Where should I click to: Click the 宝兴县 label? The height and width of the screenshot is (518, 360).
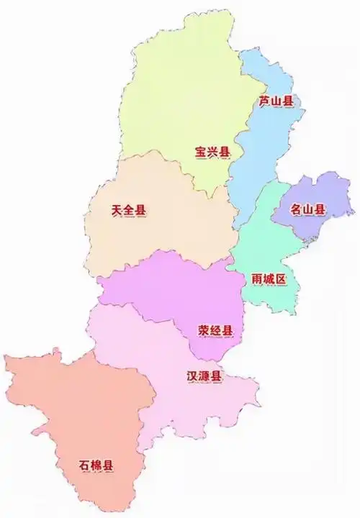[212, 152]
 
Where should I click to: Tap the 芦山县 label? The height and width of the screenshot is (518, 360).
[276, 101]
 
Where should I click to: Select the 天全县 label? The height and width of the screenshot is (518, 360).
[128, 211]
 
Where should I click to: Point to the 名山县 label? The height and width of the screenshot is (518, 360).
[307, 210]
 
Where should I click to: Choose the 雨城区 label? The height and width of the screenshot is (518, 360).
[269, 278]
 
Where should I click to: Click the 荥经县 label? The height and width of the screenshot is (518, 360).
[215, 330]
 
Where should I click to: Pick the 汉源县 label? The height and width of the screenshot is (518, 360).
[204, 376]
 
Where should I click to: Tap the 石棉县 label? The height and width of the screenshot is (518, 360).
[96, 465]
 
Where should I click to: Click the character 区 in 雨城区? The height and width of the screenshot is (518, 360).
[282, 278]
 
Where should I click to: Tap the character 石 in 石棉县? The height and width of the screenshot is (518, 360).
[84, 465]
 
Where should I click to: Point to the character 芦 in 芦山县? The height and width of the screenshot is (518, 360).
[264, 101]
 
